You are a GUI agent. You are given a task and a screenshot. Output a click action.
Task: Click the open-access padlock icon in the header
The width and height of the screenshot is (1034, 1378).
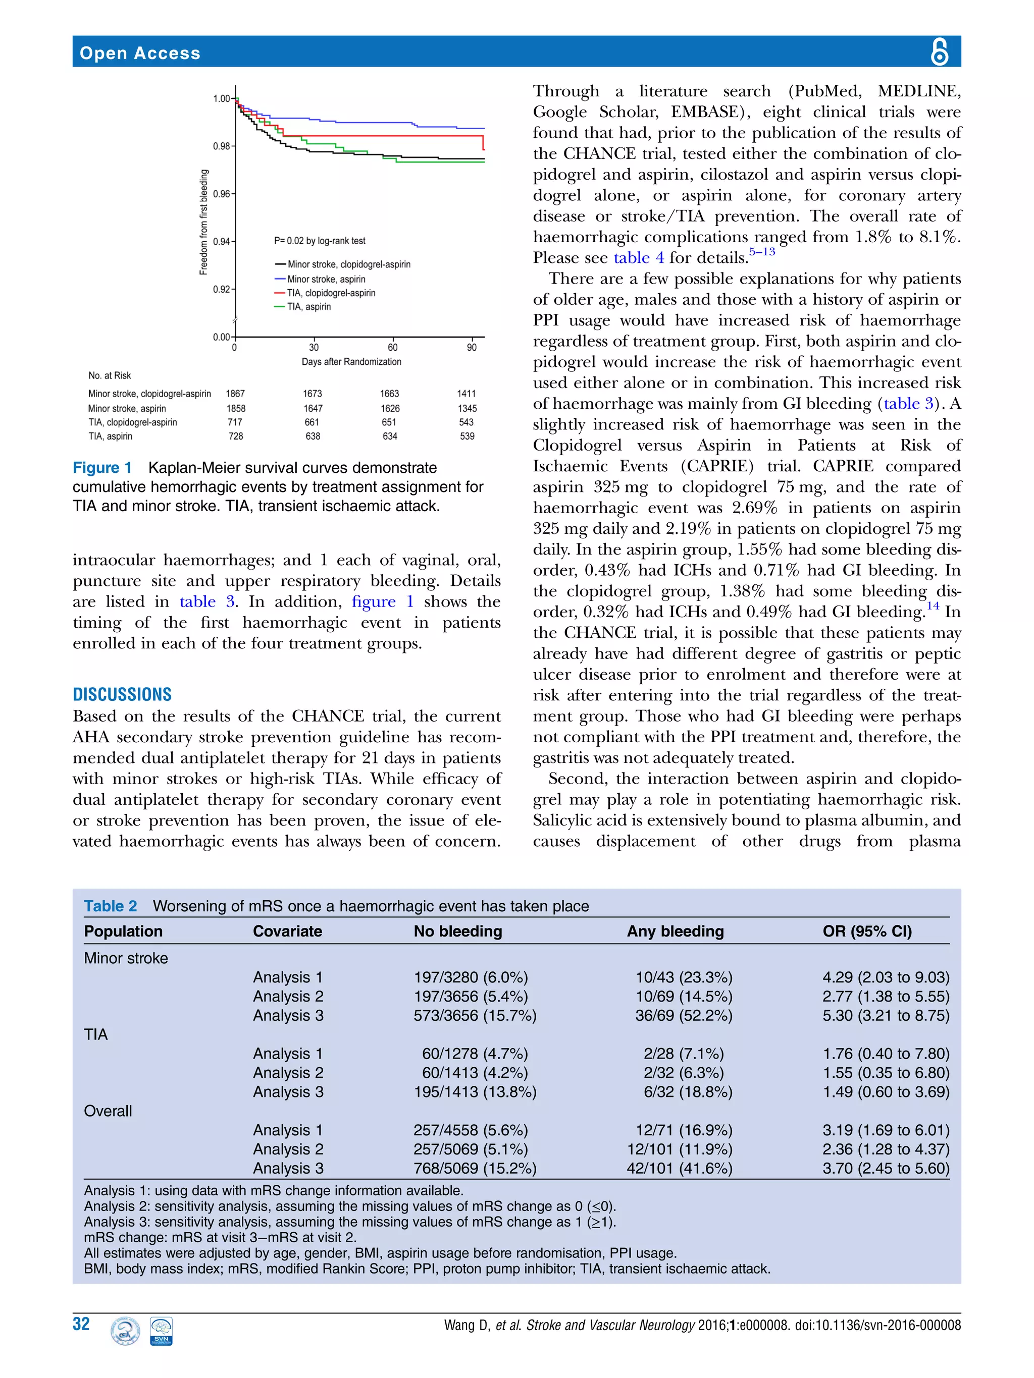[x=939, y=51]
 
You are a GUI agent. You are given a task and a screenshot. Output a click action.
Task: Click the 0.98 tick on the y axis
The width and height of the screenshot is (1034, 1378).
[x=222, y=146]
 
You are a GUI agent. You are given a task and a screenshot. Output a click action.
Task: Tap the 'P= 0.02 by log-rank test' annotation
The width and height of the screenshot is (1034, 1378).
[x=320, y=241]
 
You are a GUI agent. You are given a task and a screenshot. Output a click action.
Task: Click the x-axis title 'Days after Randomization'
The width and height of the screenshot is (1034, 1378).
[x=351, y=362]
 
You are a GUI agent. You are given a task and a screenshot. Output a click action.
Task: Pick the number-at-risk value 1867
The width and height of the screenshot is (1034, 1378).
[x=236, y=394]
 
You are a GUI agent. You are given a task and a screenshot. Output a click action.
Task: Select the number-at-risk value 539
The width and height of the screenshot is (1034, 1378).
[x=467, y=436]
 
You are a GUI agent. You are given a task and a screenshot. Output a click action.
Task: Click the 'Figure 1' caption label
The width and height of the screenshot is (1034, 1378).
[x=102, y=468]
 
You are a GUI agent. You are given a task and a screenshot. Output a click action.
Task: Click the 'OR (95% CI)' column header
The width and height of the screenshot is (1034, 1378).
[x=866, y=931]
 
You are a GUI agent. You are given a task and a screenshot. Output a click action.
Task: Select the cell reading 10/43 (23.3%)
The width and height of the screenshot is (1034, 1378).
[x=684, y=977]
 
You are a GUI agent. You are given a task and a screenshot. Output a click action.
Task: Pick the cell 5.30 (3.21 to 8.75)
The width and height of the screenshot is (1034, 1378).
[x=885, y=1015]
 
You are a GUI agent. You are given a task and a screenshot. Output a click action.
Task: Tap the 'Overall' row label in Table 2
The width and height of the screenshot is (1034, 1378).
[x=108, y=1111]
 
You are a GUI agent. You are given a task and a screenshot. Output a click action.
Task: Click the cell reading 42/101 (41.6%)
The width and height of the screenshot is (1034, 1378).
[x=680, y=1168]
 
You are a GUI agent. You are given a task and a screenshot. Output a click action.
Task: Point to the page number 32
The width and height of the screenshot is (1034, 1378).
[x=82, y=1325]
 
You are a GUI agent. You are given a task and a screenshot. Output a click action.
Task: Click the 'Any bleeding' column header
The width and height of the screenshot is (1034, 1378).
[x=675, y=931]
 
